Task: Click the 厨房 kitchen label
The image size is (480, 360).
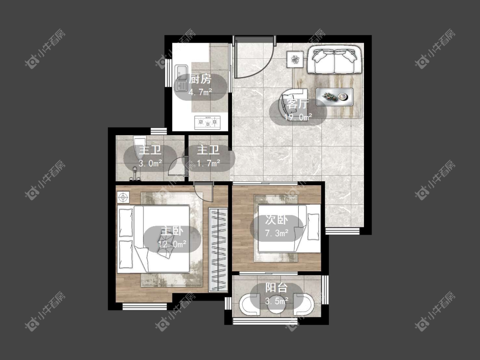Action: point(200,79)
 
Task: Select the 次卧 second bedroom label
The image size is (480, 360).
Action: point(276,220)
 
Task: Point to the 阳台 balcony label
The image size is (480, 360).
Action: point(276,288)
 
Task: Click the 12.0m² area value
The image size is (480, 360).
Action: point(172,244)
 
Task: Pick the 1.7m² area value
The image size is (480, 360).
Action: point(209,163)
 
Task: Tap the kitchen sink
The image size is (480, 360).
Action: point(181,78)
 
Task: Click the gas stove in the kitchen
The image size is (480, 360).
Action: point(208,122)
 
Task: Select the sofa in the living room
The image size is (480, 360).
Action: point(335,60)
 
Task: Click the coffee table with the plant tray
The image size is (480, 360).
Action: point(334,97)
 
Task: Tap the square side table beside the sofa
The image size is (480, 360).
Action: point(295,59)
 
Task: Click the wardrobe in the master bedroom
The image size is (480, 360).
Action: point(218,250)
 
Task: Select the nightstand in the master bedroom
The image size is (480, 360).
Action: point(123,197)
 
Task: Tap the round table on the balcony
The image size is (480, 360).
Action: point(277,305)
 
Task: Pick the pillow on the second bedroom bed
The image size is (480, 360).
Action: point(313,226)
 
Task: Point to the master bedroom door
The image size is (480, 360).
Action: point(204,192)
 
